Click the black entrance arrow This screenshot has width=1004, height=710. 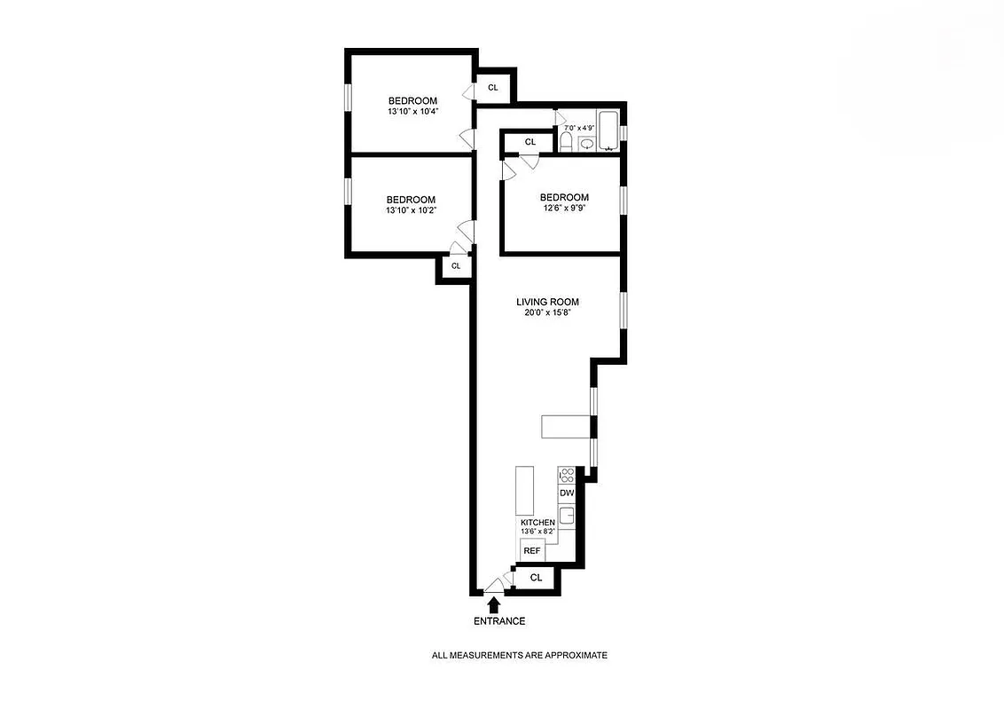494,604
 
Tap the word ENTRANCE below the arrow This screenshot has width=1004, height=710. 499,621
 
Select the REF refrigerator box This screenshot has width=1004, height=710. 532,551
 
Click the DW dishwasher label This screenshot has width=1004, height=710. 567,493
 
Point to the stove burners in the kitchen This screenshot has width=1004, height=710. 567,475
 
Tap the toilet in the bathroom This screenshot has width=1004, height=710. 566,142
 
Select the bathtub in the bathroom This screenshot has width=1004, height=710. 609,130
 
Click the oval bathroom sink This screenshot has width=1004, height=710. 586,143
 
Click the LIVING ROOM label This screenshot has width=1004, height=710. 547,302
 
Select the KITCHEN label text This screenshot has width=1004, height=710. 537,523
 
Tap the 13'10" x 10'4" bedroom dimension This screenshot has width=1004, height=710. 412,112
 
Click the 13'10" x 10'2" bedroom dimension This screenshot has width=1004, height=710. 411,210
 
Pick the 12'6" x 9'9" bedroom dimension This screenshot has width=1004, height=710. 564,209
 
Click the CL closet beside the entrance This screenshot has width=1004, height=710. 536,578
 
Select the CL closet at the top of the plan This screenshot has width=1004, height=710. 493,87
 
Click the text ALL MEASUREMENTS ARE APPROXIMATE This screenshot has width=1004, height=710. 519,655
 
